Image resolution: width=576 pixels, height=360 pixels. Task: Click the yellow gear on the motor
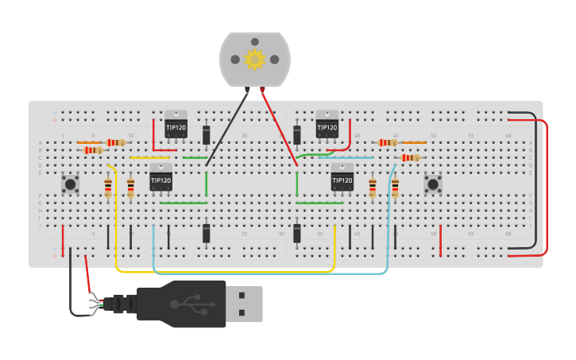coord(254,60)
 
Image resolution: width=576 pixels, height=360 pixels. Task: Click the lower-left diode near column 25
coord(206,233)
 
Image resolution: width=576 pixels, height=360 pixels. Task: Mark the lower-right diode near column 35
coord(297,233)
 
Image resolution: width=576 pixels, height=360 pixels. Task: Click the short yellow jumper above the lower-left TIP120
coord(149,157)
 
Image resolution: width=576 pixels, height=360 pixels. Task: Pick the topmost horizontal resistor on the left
coord(116,142)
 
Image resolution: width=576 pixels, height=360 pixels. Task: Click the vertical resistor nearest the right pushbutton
coord(395,188)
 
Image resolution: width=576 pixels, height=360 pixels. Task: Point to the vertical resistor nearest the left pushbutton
coord(108,188)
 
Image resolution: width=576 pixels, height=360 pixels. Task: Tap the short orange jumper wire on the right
coord(414,142)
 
